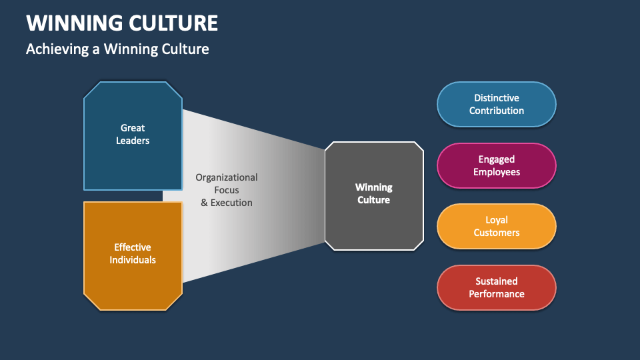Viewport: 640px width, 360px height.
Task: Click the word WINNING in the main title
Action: click(x=74, y=23)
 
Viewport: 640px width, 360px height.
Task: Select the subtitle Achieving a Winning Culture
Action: click(x=117, y=49)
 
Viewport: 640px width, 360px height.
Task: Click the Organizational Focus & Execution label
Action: click(x=227, y=190)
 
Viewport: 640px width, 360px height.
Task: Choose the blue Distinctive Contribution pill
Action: click(x=496, y=105)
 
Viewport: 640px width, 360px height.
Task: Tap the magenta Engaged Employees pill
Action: click(x=496, y=166)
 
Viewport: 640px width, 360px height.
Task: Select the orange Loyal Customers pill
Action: click(x=496, y=227)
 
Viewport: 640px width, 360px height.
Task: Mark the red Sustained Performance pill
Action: click(x=496, y=288)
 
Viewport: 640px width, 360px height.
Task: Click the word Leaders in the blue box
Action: click(x=133, y=141)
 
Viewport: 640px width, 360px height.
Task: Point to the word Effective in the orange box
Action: click(x=133, y=247)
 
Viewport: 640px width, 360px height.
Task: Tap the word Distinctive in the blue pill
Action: click(x=497, y=98)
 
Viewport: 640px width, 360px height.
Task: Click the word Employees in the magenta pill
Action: click(x=497, y=172)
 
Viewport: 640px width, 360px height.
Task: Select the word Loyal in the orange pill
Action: click(x=497, y=220)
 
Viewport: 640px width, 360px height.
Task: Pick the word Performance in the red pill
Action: click(x=497, y=294)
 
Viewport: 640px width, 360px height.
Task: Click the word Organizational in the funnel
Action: click(x=227, y=177)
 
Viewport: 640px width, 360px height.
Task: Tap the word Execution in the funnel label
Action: click(x=231, y=203)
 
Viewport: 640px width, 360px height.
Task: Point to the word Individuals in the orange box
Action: click(x=133, y=260)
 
